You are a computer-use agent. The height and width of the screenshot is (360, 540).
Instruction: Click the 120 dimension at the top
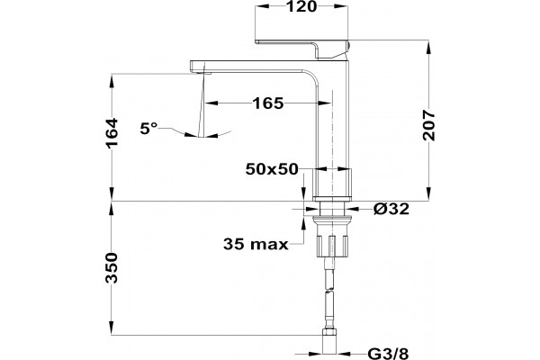(x=301, y=6)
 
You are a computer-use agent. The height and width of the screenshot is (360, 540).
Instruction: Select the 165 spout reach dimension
(x=268, y=103)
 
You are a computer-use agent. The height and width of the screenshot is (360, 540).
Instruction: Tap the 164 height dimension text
(x=112, y=134)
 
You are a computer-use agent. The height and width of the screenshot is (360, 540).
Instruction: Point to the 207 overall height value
(x=428, y=125)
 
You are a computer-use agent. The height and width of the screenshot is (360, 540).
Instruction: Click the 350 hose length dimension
(x=112, y=267)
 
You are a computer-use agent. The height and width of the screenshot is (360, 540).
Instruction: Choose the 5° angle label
(x=148, y=129)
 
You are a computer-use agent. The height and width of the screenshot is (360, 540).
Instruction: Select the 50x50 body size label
(x=272, y=169)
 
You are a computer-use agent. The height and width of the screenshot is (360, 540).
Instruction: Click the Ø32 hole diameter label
(x=391, y=209)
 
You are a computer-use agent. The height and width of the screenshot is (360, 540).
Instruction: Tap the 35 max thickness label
(x=256, y=244)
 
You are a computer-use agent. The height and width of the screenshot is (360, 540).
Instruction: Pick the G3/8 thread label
(x=388, y=354)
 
